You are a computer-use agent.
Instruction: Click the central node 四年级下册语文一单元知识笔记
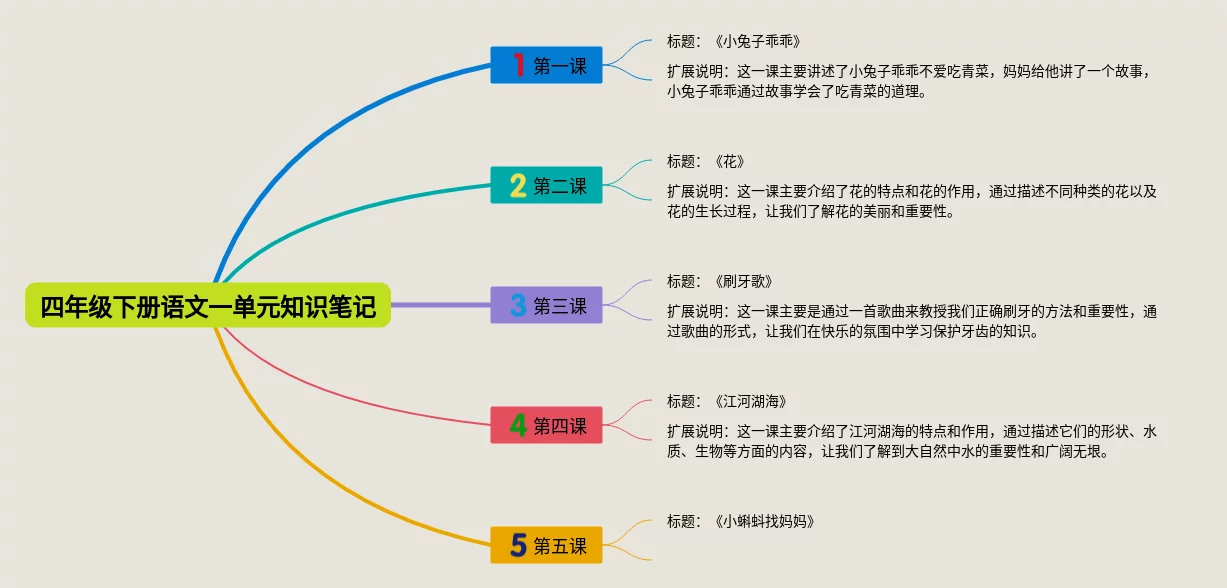point(208,306)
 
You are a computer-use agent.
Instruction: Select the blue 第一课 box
point(546,65)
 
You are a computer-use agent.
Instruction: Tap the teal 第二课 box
point(546,185)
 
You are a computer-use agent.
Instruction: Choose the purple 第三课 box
point(546,305)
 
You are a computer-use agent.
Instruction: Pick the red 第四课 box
point(546,425)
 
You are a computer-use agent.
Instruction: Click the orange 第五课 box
point(546,545)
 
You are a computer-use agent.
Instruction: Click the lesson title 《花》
point(731,162)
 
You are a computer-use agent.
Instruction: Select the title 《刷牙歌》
point(745,282)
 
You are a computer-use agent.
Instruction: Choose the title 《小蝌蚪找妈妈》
point(765,521)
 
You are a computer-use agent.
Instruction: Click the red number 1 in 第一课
point(518,65)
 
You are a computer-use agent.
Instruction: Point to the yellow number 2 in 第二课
point(518,185)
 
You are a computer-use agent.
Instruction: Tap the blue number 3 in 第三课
point(518,305)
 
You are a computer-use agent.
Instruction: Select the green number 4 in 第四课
point(518,425)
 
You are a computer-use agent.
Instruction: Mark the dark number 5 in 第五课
point(518,545)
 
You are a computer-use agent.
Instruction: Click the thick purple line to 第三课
point(440,305)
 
